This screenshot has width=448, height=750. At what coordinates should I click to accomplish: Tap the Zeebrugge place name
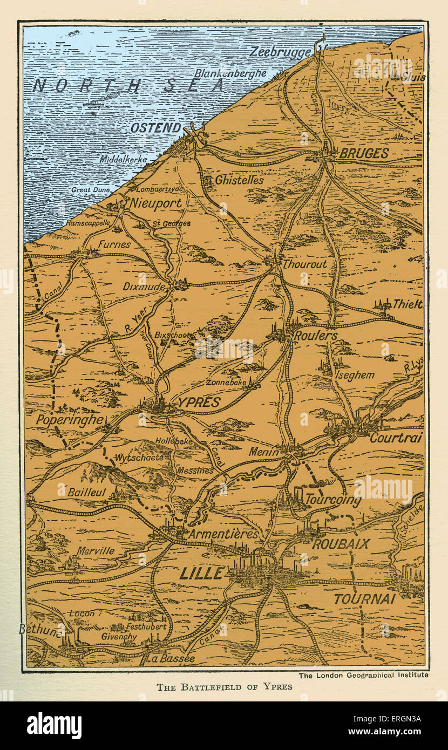[281, 52]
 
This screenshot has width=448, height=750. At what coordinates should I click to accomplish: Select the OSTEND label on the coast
[156, 128]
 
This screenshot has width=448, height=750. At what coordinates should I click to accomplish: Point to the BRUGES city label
[363, 153]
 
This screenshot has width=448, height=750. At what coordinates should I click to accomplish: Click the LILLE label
[201, 573]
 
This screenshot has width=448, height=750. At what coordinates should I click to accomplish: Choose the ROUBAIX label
[341, 543]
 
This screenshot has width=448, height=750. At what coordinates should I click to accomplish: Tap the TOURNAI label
[365, 598]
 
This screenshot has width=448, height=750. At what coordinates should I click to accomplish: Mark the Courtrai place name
[396, 438]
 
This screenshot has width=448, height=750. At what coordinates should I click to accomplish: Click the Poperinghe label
[70, 420]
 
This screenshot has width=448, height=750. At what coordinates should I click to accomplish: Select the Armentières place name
[223, 534]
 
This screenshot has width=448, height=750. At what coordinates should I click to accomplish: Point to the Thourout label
[305, 264]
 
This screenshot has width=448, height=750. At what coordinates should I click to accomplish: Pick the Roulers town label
[315, 336]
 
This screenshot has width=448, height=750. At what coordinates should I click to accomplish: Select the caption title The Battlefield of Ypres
[224, 687]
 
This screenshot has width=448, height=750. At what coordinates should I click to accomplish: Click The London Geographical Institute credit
[363, 674]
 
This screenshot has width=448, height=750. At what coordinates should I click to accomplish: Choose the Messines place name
[195, 471]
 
